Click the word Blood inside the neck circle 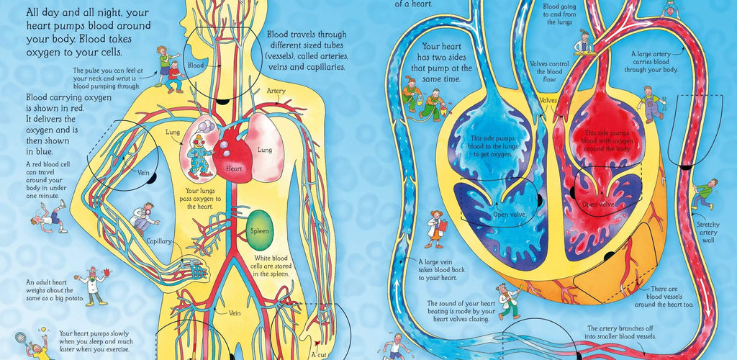click(x=196, y=65)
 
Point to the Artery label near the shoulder click(x=277, y=91)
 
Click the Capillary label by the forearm click(x=159, y=241)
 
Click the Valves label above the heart click(x=548, y=99)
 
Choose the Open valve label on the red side click(x=599, y=204)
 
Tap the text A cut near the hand click(x=318, y=354)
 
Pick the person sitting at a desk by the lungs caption click(x=584, y=42)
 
